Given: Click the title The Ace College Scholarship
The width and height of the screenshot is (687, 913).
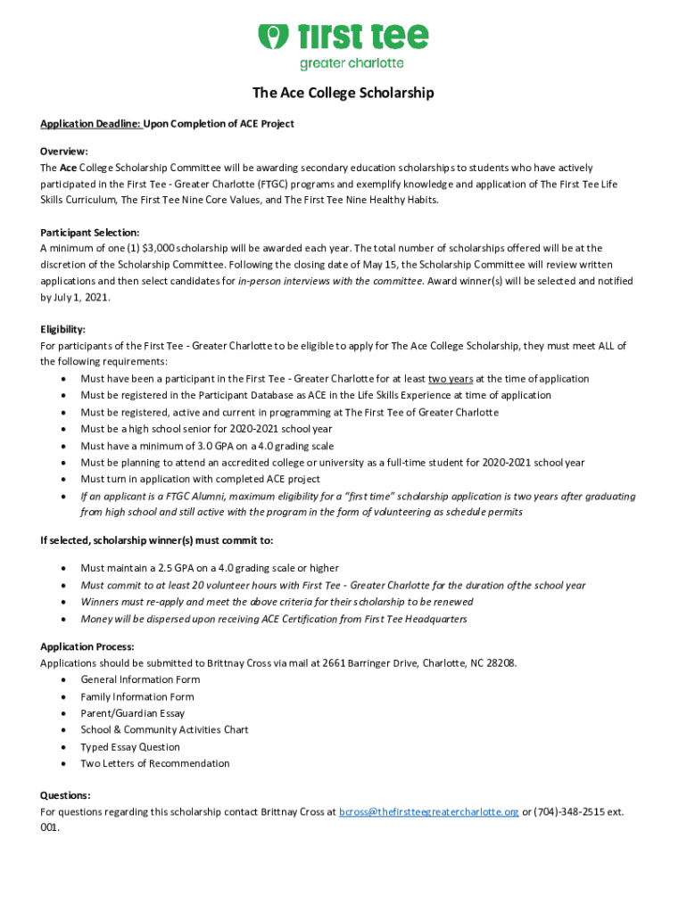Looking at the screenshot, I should (343, 93).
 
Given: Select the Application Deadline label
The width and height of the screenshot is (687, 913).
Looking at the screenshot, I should (91, 124).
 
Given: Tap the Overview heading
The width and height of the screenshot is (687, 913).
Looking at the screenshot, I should (64, 152).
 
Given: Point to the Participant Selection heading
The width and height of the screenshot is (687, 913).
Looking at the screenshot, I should (89, 232).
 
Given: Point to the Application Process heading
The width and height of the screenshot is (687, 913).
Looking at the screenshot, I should (87, 646).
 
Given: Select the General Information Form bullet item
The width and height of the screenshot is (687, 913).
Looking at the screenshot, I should (140, 679).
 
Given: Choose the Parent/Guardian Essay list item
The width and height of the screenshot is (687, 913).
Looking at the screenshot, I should (132, 713).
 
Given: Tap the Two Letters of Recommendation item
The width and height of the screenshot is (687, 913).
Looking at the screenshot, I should (154, 763).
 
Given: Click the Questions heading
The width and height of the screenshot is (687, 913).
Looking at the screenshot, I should (65, 794).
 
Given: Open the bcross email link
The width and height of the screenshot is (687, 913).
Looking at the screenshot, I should (429, 812).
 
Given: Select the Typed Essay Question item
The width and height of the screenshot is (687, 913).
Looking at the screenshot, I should (130, 747).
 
